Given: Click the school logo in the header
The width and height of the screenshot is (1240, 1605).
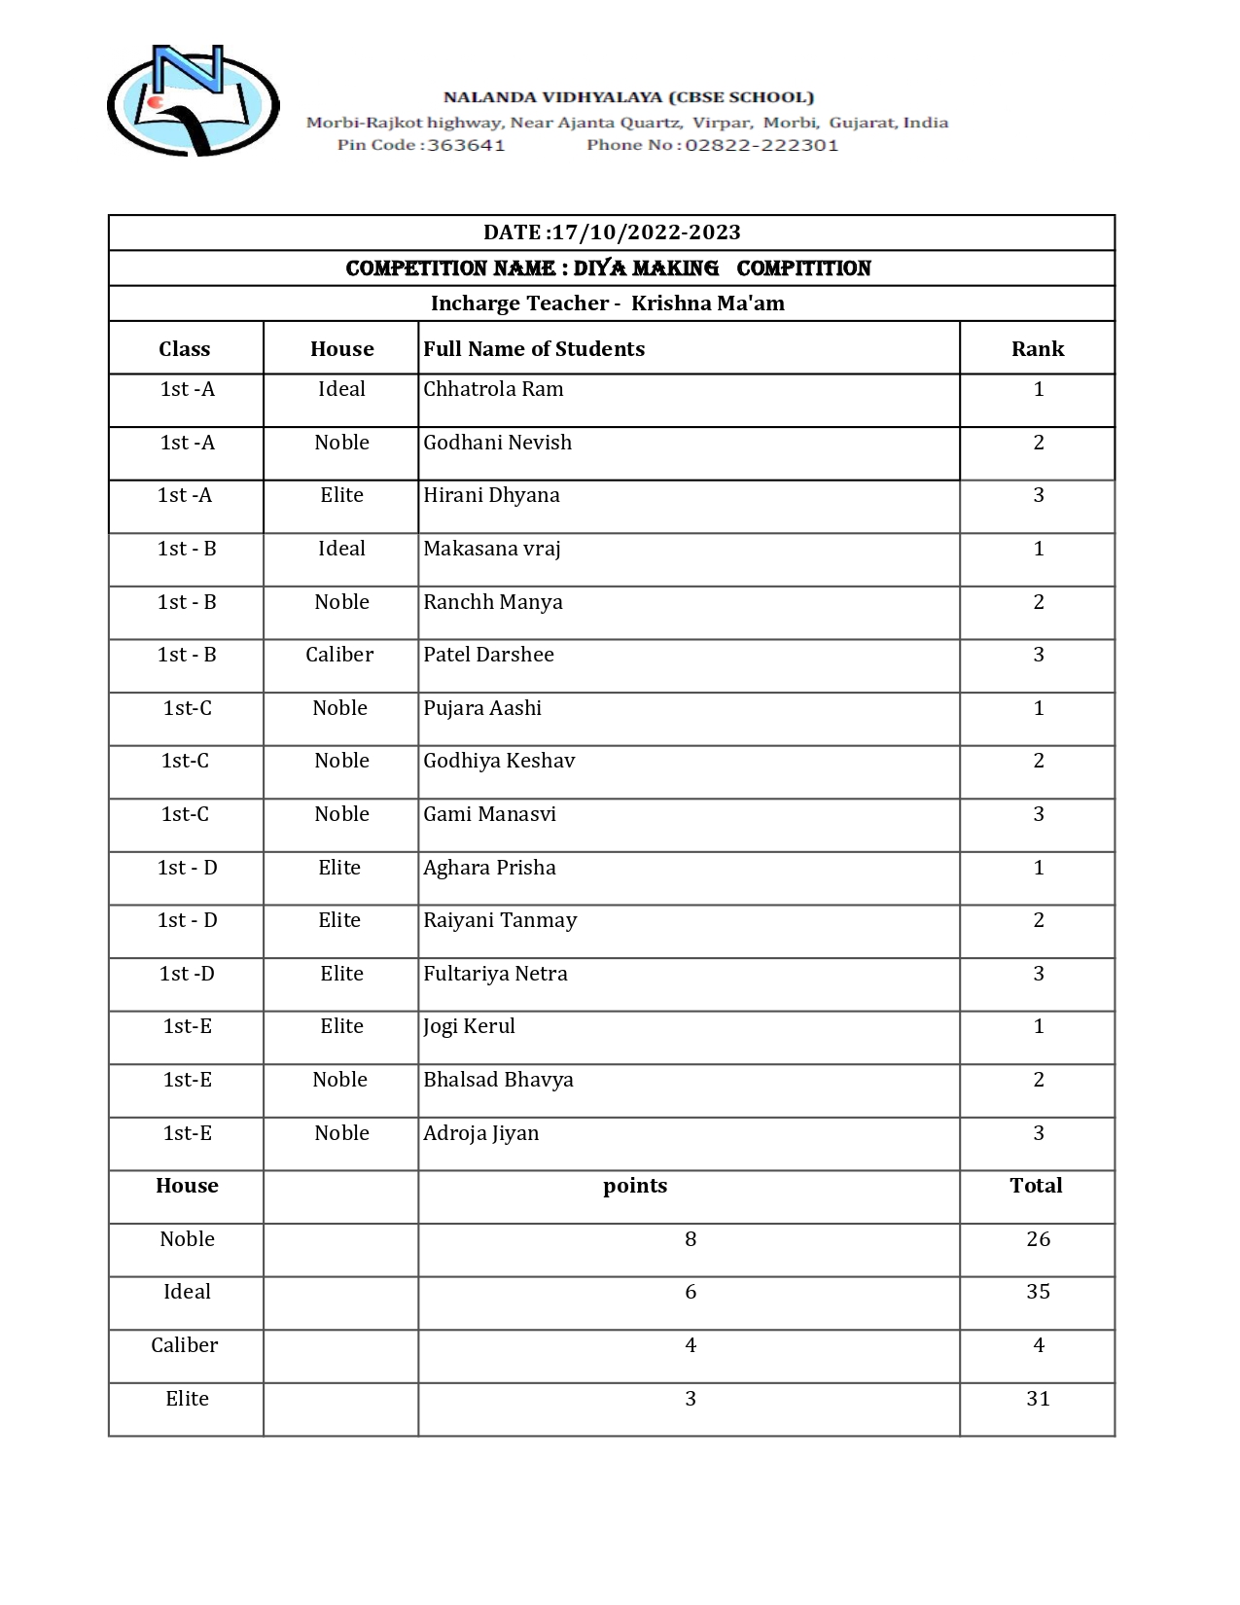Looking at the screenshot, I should pos(193,101).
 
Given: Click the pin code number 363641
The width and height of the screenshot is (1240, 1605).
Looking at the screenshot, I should pos(466,146).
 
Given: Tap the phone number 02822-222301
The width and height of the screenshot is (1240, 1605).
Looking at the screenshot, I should pos(761,146).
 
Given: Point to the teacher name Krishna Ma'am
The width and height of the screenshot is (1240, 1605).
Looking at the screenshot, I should pos(707,303).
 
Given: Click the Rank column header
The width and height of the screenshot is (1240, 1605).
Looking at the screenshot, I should pos(1037,349).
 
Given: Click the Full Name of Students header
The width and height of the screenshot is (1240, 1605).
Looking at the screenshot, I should pos(534,349).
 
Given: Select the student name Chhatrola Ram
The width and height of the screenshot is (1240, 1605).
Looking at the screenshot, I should pos(493,389).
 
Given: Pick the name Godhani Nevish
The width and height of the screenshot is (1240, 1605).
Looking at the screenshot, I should pos(497,443).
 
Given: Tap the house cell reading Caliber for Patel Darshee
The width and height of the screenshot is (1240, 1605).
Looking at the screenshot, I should pos(339,655).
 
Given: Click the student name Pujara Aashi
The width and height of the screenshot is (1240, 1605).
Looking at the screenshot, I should pos(482,708).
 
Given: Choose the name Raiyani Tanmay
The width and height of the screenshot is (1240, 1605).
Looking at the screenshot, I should pos(500,920).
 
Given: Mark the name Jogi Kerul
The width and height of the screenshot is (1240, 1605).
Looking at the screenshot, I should pos(469,1026).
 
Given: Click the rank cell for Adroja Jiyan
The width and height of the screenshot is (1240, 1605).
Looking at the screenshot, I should pos(1038,1133).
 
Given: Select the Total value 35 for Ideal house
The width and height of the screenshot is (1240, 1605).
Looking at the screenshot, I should pos(1038,1292).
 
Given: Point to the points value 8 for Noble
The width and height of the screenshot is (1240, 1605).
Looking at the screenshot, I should pos(691,1239).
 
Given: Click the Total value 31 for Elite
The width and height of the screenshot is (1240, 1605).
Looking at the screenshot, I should pos(1038,1399).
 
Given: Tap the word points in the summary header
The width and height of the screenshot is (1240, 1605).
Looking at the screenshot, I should pos(635,1186).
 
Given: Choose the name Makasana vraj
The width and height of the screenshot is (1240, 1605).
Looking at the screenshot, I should pos(491,549).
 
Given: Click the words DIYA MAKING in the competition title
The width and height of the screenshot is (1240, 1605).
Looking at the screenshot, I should pos(646,268).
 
